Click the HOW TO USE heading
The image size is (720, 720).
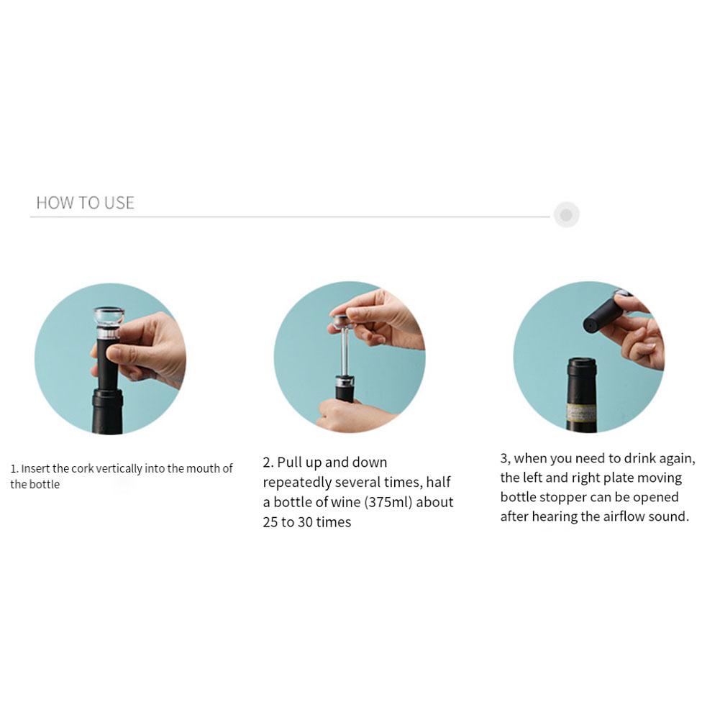[86, 203]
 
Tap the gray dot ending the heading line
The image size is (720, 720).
[566, 214]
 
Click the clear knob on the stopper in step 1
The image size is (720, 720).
[109, 316]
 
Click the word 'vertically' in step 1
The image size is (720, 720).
[119, 469]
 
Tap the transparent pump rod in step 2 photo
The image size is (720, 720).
[345, 351]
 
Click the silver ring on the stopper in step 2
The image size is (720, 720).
[345, 381]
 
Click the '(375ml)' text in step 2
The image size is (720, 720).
[388, 502]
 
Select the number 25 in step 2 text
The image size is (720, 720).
[270, 522]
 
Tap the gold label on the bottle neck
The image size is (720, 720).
[581, 412]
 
